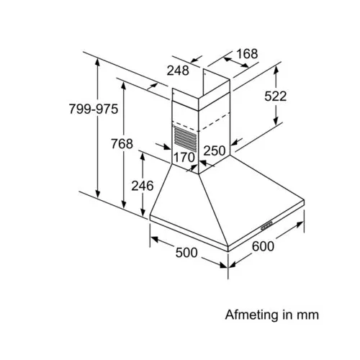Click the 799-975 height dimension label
tap(94, 109)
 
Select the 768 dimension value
tap(122, 144)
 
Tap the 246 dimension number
tap(143, 186)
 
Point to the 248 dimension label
tap(178, 71)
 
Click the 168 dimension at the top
tap(247, 54)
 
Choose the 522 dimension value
tap(276, 96)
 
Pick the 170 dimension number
tap(184, 158)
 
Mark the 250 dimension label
tap(215, 150)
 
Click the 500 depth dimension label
tap(186, 253)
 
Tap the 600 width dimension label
tap(263, 246)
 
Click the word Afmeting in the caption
tap(252, 315)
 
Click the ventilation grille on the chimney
tap(185, 139)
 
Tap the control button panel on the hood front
tap(266, 225)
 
